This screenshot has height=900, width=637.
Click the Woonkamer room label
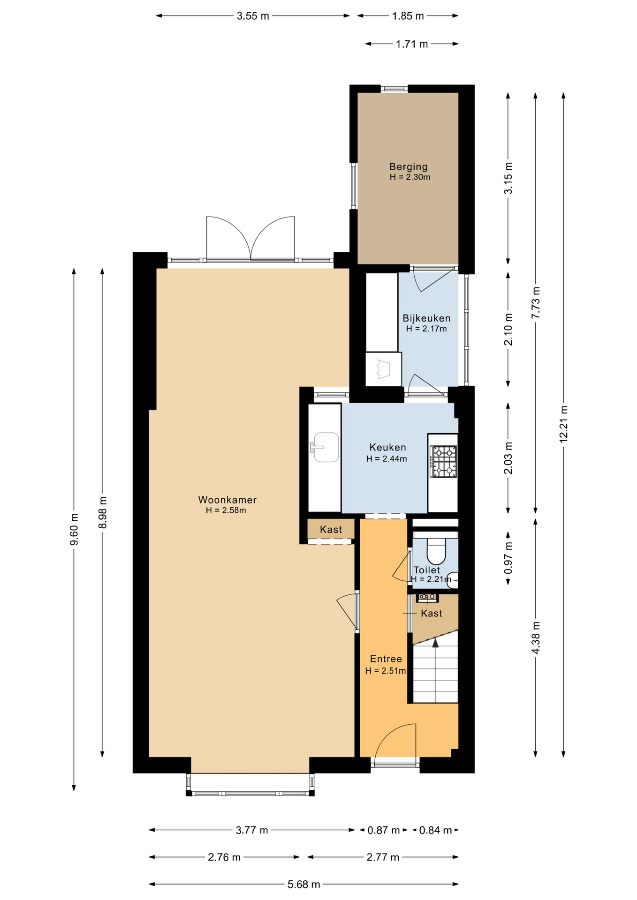(227, 500)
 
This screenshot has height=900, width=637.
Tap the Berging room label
(408, 166)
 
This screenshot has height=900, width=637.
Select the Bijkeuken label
(426, 318)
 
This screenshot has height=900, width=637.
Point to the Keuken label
(387, 447)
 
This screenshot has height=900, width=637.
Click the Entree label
(386, 659)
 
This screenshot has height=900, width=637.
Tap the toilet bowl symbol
(436, 550)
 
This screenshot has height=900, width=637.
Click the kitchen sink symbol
(325, 447)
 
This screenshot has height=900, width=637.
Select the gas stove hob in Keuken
(443, 461)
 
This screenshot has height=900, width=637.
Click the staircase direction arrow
(435, 643)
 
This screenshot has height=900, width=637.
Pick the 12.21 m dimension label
(563, 424)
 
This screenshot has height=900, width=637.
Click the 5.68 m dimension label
(303, 884)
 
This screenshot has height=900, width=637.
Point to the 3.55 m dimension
(253, 16)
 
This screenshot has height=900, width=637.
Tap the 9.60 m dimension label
(74, 529)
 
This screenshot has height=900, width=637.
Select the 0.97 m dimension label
(508, 557)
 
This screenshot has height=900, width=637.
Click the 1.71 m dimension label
(412, 44)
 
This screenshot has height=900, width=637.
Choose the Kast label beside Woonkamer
(331, 530)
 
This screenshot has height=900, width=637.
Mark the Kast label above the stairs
(431, 613)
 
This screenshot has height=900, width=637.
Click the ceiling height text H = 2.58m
(226, 510)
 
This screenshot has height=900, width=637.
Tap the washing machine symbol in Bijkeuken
(383, 369)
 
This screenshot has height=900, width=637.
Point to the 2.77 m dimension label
(383, 857)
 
